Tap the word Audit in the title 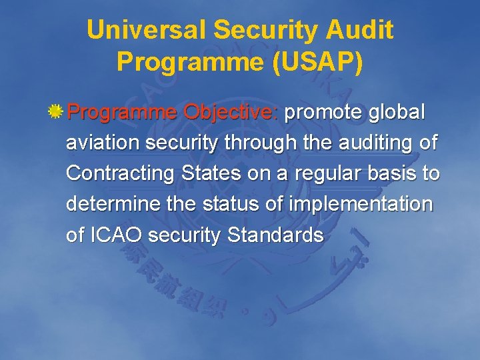[x=361, y=30]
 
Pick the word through [x=260, y=143]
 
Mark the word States [x=214, y=173]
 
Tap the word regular [x=324, y=173]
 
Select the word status [x=227, y=204]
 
